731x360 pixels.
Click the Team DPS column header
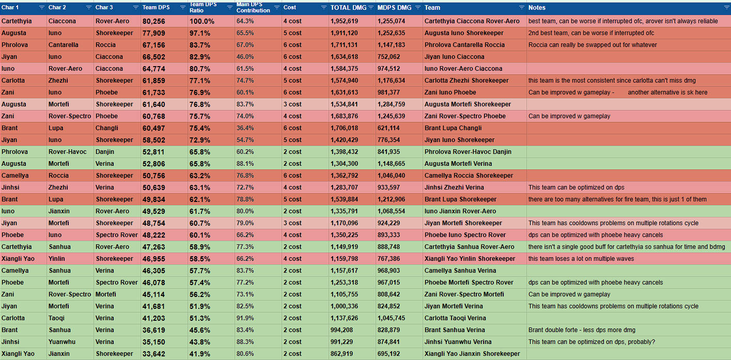coord(157,8)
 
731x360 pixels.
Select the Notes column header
coord(537,8)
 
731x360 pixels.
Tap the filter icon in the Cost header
coord(323,8)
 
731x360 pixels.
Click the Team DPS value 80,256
coord(154,21)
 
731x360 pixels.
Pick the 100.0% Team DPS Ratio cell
coord(202,21)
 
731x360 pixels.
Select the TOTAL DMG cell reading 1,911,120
coord(344,33)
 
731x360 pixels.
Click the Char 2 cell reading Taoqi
coord(56,318)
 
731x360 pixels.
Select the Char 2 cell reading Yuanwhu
coord(61,342)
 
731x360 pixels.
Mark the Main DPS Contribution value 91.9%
coord(245,318)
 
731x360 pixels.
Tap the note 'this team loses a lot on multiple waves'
coord(581,259)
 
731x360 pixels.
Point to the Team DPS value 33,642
coord(154,354)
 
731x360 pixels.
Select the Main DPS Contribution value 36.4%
coord(245,128)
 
